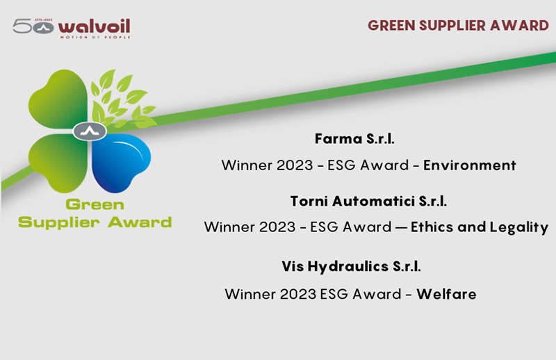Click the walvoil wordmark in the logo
[x=95, y=26]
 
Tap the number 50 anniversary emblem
[x=33, y=26]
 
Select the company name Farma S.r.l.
[x=354, y=139]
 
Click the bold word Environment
[x=470, y=165]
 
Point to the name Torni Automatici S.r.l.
[x=368, y=201]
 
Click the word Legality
[x=519, y=228]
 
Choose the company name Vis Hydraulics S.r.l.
[x=352, y=266]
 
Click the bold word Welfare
[x=446, y=294]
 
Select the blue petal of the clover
[x=120, y=162]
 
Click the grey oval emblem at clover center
[x=90, y=131]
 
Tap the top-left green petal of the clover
[x=59, y=99]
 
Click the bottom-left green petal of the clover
[x=59, y=162]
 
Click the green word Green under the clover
[x=95, y=204]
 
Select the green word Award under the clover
[x=140, y=222]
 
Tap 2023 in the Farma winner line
[x=295, y=165]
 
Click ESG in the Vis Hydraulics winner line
[x=334, y=295]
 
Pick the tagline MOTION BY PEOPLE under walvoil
[x=95, y=37]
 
